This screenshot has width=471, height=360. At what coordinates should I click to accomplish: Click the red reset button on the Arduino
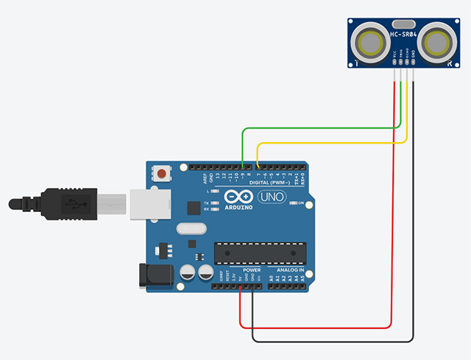(160, 174)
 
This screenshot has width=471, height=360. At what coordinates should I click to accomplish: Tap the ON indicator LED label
(301, 202)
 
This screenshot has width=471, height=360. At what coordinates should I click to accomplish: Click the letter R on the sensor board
(447, 65)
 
